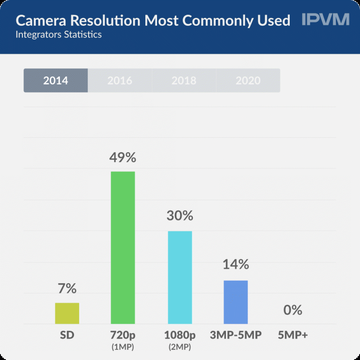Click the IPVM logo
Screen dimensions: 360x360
(x=326, y=20)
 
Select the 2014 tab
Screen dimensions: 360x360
(x=56, y=80)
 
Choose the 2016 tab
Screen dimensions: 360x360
(x=120, y=80)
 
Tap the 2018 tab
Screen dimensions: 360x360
(x=184, y=80)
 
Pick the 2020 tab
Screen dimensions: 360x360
(x=248, y=80)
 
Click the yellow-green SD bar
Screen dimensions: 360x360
(x=67, y=313)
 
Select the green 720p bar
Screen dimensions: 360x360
(x=122, y=247)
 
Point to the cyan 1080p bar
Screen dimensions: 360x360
(x=180, y=277)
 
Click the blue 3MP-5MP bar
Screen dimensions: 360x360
(x=235, y=302)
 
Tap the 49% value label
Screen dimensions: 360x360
(x=122, y=158)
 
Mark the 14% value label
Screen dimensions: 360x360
(x=235, y=264)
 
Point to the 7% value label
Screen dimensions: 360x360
(x=67, y=288)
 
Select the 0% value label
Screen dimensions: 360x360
(x=293, y=310)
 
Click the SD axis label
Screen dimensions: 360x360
(x=67, y=335)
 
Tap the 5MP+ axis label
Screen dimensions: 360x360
(x=293, y=335)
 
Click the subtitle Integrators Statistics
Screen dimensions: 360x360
(x=58, y=35)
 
